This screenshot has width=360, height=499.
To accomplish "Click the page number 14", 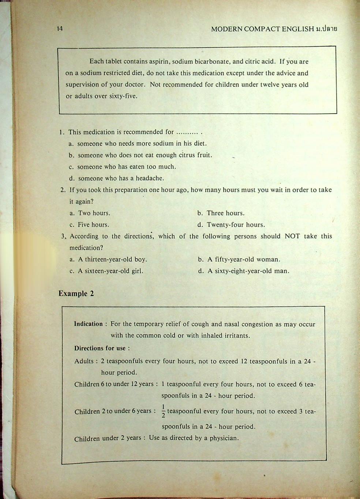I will coord(60,29).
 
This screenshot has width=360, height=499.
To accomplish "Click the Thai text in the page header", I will coord(326,29).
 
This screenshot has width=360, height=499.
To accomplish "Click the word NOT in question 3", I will coord(292,236).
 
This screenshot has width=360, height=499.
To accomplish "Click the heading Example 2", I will coord(76,294).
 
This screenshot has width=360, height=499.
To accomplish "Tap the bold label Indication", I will coord(89,324).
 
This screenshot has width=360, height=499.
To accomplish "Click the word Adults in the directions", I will coord(84,361).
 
